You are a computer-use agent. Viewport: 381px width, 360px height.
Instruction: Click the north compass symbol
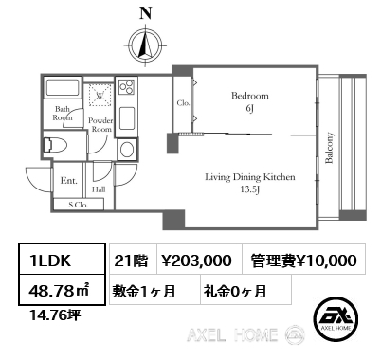click(x=145, y=45)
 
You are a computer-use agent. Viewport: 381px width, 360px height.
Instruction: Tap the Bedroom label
click(x=250, y=96)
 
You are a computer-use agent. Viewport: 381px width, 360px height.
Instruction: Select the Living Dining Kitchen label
click(x=250, y=177)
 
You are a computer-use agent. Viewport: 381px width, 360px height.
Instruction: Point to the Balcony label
click(x=329, y=148)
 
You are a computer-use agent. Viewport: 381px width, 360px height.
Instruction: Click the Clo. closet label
click(x=183, y=103)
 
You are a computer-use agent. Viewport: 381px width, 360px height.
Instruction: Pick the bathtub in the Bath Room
click(x=63, y=87)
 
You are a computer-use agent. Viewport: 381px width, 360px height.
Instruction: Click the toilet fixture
click(x=55, y=145)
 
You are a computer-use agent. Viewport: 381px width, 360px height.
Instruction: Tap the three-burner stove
click(x=127, y=86)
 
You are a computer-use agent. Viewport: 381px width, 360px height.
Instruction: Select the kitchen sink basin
click(x=127, y=118)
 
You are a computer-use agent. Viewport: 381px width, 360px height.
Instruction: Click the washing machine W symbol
click(x=100, y=95)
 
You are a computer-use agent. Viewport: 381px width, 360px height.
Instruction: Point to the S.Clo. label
click(x=79, y=205)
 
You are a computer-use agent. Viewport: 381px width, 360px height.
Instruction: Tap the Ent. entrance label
click(x=68, y=181)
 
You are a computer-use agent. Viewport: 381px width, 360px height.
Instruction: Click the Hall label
click(x=99, y=189)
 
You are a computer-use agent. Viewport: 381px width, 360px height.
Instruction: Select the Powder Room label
click(x=100, y=125)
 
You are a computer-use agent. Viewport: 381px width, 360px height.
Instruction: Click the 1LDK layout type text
click(x=50, y=261)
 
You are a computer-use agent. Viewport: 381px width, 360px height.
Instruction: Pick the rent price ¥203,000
click(x=196, y=261)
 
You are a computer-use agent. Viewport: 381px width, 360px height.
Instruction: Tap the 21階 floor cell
click(x=131, y=261)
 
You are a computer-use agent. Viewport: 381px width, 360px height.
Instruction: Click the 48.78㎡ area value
click(x=60, y=291)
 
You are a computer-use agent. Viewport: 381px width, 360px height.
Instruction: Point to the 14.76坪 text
click(x=55, y=315)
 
